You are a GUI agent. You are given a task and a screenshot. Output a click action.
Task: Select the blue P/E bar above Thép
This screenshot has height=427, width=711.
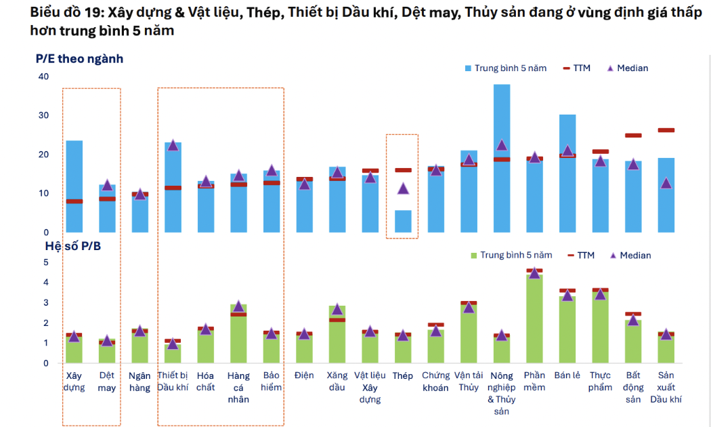click(x=403, y=222)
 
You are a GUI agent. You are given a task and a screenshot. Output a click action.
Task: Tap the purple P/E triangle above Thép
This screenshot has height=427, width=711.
click(x=403, y=188)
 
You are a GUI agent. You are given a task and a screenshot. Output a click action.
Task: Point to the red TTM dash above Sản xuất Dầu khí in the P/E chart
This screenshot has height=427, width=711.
click(x=666, y=130)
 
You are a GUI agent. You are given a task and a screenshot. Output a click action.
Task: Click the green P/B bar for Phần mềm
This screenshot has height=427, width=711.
click(x=534, y=319)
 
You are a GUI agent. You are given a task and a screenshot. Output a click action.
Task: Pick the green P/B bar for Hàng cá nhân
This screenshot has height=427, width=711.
click(x=238, y=335)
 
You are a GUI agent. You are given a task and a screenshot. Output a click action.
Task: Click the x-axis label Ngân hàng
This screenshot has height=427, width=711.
click(x=139, y=382)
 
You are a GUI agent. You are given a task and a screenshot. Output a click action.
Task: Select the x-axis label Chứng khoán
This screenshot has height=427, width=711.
click(x=435, y=382)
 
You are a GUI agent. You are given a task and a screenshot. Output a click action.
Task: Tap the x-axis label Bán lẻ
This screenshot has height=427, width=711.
click(x=567, y=375)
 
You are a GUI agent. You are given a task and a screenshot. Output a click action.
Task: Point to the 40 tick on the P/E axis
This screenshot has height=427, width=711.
click(x=43, y=77)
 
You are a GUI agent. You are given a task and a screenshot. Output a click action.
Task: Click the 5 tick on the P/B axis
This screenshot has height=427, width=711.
click(x=46, y=262)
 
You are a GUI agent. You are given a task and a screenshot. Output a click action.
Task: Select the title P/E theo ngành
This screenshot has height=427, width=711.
click(x=79, y=59)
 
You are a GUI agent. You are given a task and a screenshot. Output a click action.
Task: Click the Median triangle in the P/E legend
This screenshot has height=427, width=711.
click(x=609, y=68)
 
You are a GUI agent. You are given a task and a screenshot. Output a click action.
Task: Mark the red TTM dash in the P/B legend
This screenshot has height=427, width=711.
click(x=570, y=256)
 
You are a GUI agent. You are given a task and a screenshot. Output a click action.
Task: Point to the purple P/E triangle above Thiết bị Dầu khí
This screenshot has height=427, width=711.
click(x=173, y=145)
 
